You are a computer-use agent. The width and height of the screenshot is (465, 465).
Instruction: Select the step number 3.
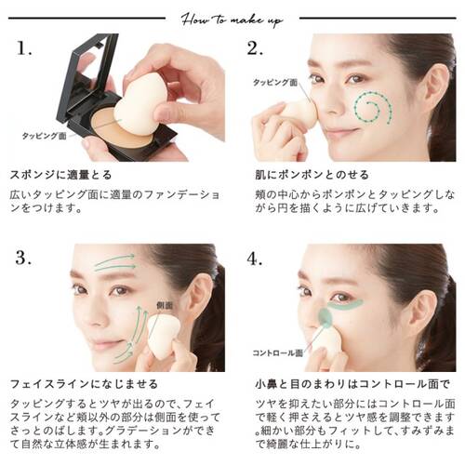coord(24,259)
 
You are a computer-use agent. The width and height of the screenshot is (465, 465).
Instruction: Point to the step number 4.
coord(258,259)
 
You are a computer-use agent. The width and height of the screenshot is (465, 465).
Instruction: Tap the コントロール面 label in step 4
coord(276,353)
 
